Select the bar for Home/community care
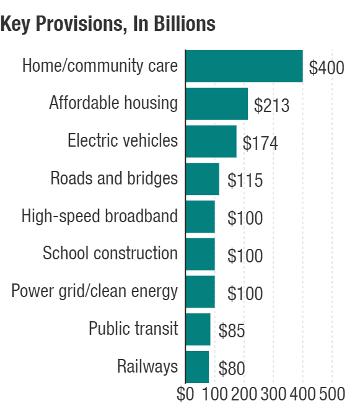coord(244,66)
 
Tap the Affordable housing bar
coord(216,103)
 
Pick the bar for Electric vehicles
coord(211,141)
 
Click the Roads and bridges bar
coord(202,179)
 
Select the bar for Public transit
coord(198,329)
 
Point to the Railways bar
coord(197,366)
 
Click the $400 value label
coord(327,68)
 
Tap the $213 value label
coord(271,106)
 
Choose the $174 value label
coord(260,143)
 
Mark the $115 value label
coord(245,181)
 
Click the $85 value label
coord(232,331)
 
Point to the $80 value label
coord(232,369)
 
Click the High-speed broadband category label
coord(100,216)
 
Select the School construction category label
coord(110,253)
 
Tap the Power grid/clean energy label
coord(95,291)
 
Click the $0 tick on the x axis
coord(185,394)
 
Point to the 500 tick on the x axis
coord(331,394)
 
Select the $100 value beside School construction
coord(245,256)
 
